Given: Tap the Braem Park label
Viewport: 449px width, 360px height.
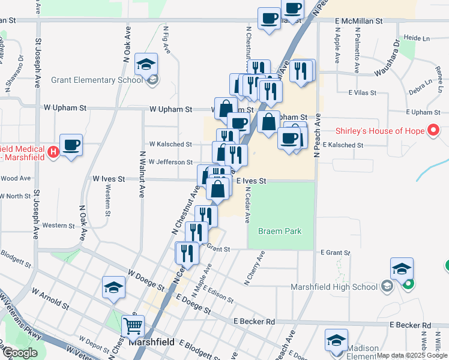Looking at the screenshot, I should [279, 231].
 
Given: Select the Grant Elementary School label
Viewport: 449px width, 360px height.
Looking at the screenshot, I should [97, 80].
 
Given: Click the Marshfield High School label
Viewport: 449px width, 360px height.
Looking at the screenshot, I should [333, 286].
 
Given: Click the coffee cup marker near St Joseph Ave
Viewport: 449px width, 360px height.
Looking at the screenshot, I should [71, 145].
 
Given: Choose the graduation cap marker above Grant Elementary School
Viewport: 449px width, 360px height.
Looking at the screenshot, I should [146, 64].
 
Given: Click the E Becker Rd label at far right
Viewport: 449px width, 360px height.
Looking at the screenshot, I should [410, 325].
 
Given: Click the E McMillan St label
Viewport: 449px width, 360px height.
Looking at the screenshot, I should [358, 21].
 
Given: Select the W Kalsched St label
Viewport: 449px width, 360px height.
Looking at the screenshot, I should [170, 144].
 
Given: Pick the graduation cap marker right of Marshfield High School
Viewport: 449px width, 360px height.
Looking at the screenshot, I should [402, 268].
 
